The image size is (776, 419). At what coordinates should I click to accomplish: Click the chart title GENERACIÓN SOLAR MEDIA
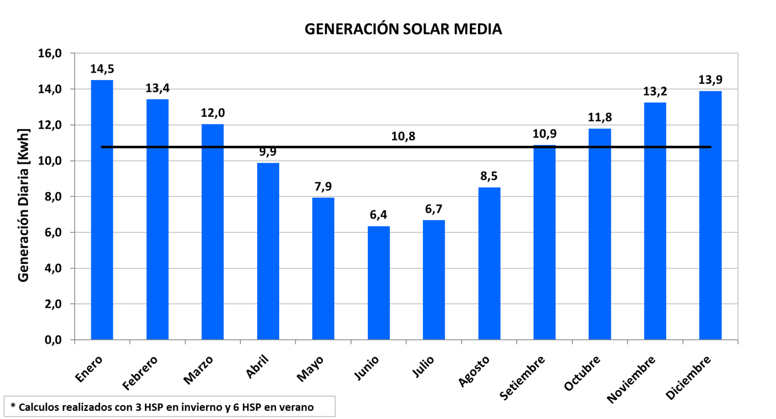coord(403,29)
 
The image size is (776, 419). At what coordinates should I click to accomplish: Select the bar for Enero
coord(102,209)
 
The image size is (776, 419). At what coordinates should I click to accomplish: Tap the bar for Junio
coord(379,283)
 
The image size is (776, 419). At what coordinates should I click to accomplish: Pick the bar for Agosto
coord(489,263)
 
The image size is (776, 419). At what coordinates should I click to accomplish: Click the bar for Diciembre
coord(710,215)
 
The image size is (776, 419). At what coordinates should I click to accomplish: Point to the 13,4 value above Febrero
coord(157,88)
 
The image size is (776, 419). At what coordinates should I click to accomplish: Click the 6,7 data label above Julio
coord(434,209)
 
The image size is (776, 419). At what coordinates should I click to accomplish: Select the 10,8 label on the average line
coord(403,136)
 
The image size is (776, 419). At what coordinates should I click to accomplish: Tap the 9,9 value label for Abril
coord(268,152)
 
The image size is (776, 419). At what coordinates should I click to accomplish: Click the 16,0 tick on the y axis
coord(49,54)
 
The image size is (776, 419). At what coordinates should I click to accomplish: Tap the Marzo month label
coord(198,370)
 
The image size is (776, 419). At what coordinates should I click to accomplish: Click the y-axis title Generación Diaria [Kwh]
coord(23,205)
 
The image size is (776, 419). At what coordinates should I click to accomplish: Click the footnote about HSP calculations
coord(162,407)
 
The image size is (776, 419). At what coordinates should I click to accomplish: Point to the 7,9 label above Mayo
coord(323,187)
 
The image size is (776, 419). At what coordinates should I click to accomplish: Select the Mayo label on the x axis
coord(310,369)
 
